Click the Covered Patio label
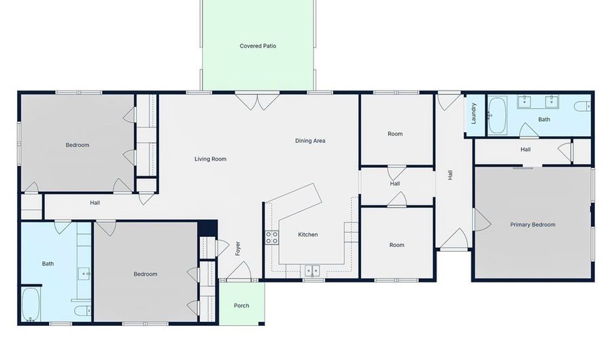[x=258, y=46]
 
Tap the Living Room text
[x=210, y=159]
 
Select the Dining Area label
[x=310, y=141]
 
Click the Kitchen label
[x=308, y=234]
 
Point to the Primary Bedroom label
[x=532, y=225]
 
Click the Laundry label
[x=474, y=113]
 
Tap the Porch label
[x=241, y=306]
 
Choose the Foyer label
[x=238, y=248]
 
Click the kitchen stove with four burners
[x=272, y=238]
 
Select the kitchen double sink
[x=312, y=270]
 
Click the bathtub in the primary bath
[x=497, y=116]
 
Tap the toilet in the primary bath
[x=582, y=105]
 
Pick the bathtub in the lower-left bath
[x=31, y=304]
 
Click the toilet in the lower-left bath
[x=82, y=311]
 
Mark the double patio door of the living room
[x=257, y=101]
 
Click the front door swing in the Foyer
[x=239, y=271]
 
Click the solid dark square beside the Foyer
[x=207, y=229]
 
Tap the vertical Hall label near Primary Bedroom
[x=450, y=174]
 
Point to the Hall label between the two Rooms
[x=394, y=184]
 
